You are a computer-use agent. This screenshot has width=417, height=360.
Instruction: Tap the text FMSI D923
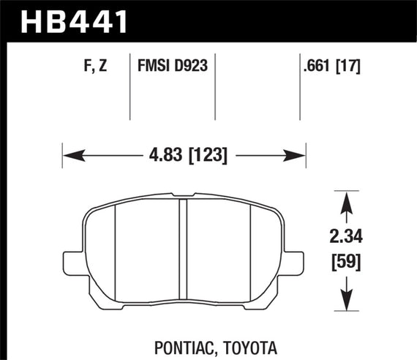click(x=173, y=67)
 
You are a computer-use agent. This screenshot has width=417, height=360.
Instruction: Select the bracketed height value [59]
click(x=344, y=260)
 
